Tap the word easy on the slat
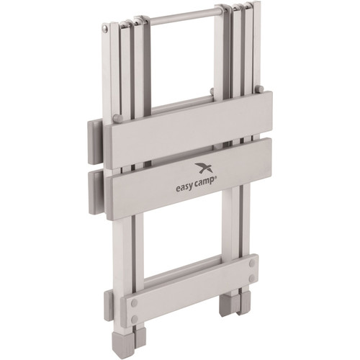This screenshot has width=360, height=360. [185, 188]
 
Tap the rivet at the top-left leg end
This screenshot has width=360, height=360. [104, 28]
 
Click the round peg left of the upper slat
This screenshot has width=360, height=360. [117, 118]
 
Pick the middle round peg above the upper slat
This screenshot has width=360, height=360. [212, 91]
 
